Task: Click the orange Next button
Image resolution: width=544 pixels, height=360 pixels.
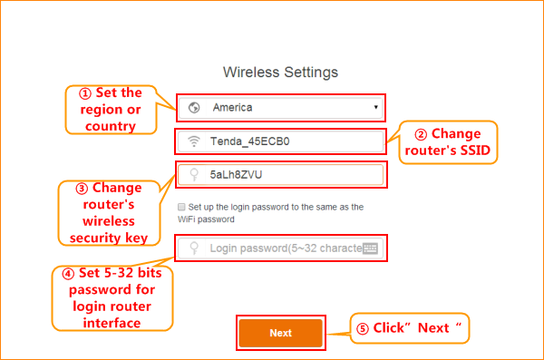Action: pyautogui.click(x=281, y=333)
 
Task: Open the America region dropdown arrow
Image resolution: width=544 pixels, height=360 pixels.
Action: pyautogui.click(x=375, y=107)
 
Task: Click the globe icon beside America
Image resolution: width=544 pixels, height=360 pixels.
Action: pyautogui.click(x=194, y=108)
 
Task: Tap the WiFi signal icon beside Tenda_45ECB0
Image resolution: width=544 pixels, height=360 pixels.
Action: pyautogui.click(x=194, y=141)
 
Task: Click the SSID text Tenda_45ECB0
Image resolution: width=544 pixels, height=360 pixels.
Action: pyautogui.click(x=250, y=141)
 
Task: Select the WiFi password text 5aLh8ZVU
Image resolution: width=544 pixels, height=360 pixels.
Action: pyautogui.click(x=236, y=175)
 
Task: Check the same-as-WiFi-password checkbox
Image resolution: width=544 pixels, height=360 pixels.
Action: pyautogui.click(x=181, y=207)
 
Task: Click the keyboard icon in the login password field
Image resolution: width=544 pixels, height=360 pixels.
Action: pyautogui.click(x=370, y=248)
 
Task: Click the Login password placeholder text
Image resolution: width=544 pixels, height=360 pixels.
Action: pyautogui.click(x=287, y=248)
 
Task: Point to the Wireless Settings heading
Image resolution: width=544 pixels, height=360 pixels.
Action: pyautogui.click(x=280, y=73)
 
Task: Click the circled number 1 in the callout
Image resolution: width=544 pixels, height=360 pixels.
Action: pyautogui.click(x=85, y=93)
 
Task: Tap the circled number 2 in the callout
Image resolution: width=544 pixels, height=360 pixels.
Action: pyautogui.click(x=421, y=134)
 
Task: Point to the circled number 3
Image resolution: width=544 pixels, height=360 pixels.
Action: pyautogui.click(x=82, y=189)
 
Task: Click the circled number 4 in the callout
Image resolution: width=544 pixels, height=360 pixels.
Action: pyautogui.click(x=68, y=274)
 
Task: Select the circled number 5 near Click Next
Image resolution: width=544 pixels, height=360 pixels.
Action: pyautogui.click(x=363, y=329)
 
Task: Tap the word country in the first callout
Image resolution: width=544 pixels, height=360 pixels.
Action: pyautogui.click(x=111, y=126)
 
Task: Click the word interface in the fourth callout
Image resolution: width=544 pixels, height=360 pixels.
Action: pyautogui.click(x=112, y=323)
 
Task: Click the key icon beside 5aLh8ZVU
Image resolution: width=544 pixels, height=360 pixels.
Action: pyautogui.click(x=194, y=175)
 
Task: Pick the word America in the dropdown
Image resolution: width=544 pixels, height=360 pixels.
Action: pyautogui.click(x=232, y=108)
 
